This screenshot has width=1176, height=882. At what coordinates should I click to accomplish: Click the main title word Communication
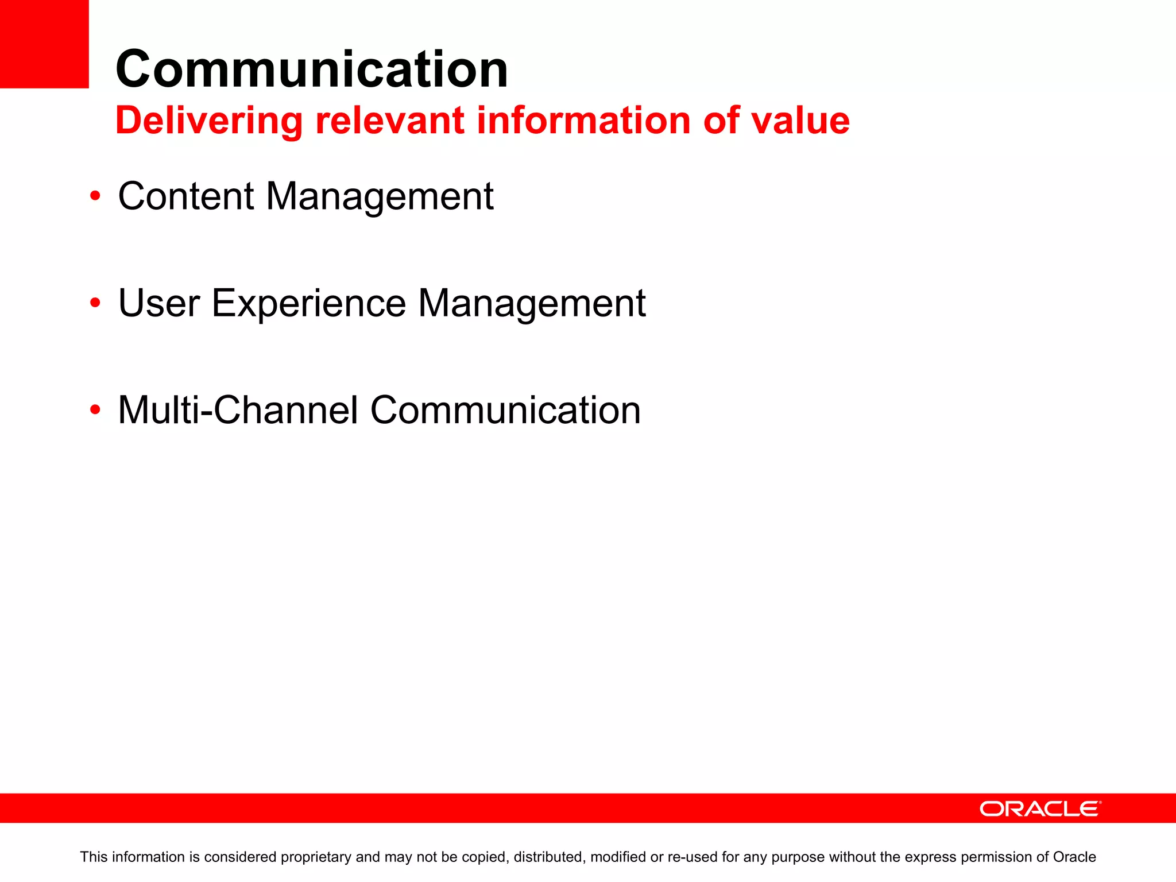[x=312, y=69]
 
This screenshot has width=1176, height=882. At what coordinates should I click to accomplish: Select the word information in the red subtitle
[x=583, y=121]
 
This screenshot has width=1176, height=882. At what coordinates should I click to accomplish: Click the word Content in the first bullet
[x=185, y=196]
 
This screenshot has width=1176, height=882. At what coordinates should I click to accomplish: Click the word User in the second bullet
[x=159, y=303]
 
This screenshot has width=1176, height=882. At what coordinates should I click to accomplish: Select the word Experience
[x=309, y=304]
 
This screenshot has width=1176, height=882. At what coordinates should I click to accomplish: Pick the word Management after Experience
[x=532, y=304]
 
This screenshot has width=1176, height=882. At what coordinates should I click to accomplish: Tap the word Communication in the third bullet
[x=505, y=410]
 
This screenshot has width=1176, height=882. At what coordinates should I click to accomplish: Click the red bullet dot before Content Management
[x=95, y=196]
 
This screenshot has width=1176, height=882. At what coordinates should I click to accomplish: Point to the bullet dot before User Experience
[x=95, y=303]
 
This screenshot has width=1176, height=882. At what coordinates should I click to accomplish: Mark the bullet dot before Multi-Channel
[x=95, y=410]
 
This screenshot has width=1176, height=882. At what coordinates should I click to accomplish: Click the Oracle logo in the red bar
[x=1040, y=808]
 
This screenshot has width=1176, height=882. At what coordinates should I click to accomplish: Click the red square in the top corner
[x=44, y=44]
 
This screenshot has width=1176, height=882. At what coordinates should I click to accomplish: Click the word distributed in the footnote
[x=548, y=857]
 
